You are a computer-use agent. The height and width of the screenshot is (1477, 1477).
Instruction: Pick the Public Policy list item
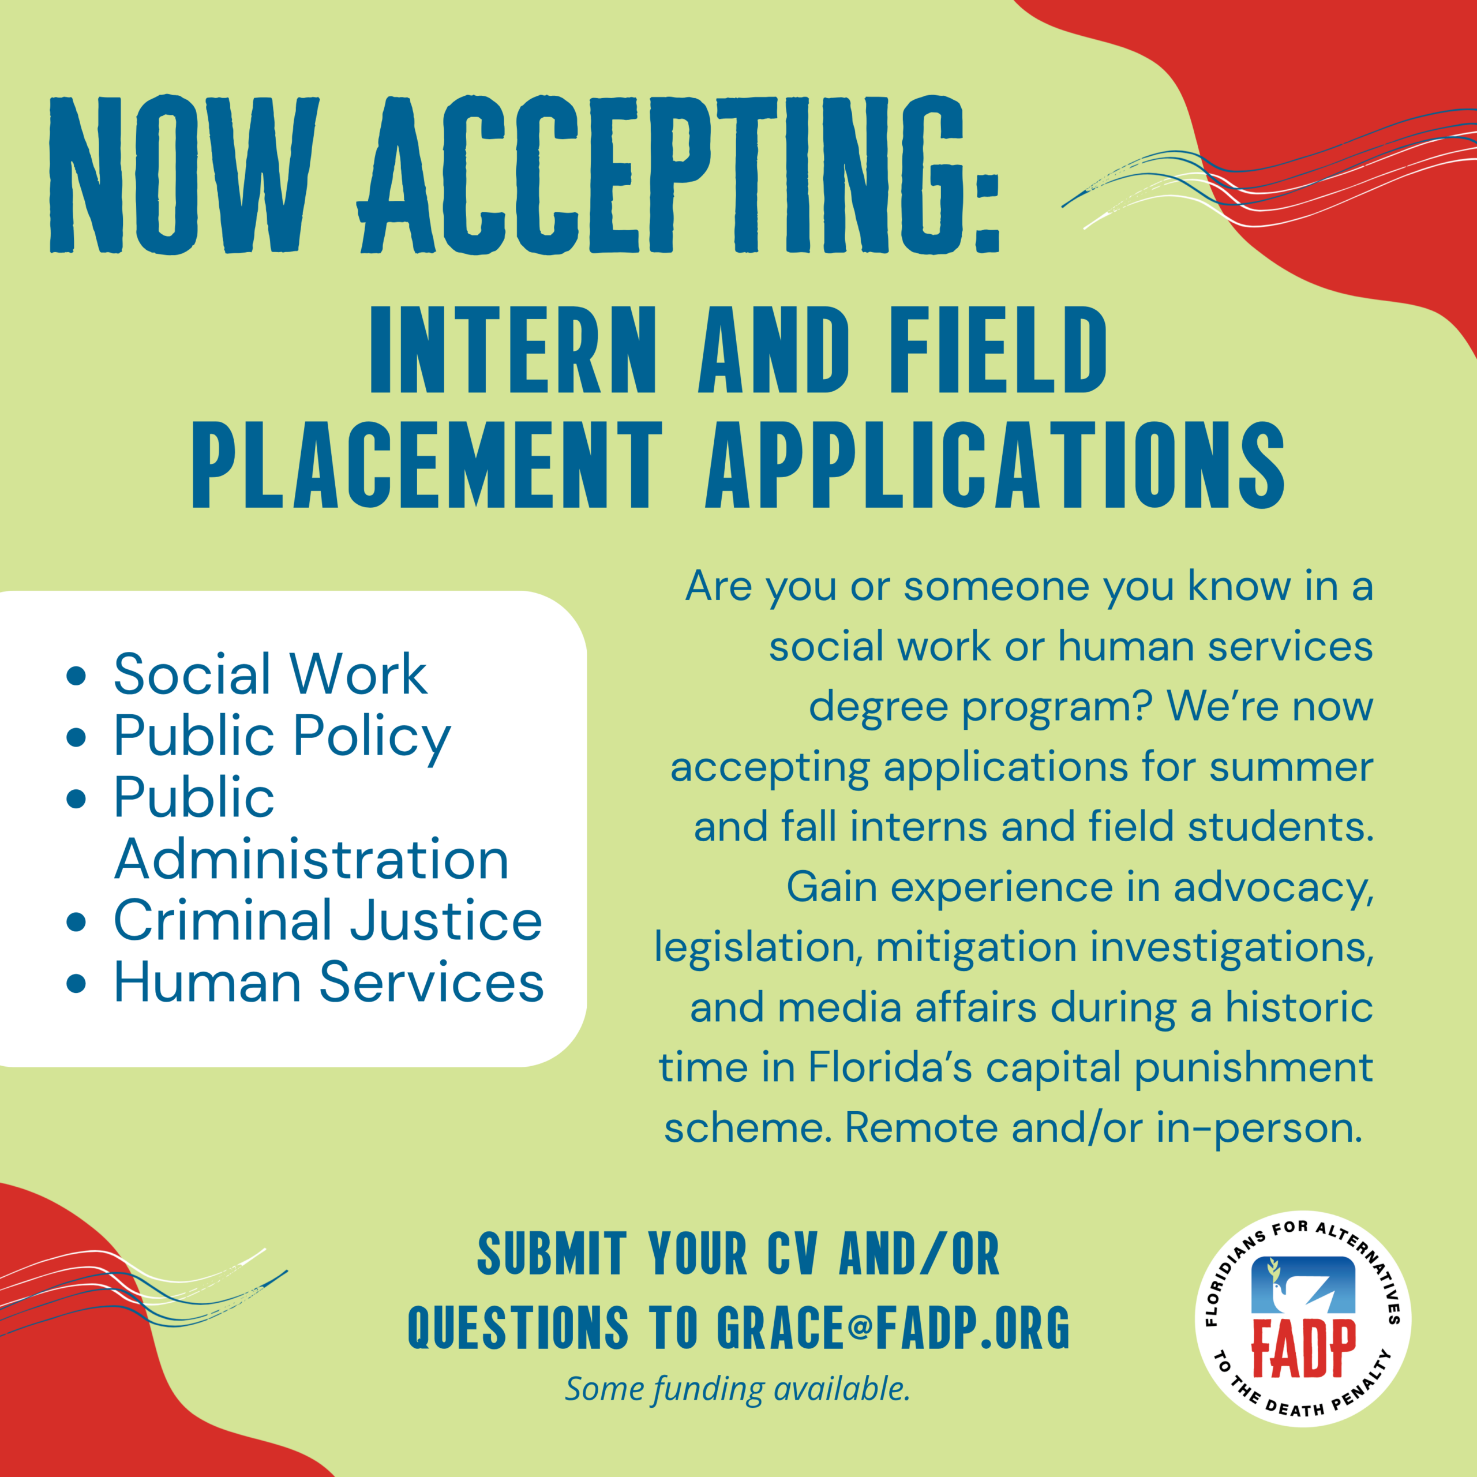pos(282,736)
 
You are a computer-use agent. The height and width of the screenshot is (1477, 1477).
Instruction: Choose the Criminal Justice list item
pos(327,920)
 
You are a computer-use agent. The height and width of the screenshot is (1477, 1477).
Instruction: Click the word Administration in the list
pos(311,859)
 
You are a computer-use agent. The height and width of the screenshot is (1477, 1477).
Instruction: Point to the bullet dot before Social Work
pos(76,676)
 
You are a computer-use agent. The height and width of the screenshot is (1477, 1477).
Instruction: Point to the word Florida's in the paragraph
pos(890,1067)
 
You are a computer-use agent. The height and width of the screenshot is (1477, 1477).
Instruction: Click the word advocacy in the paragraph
pos(1273,887)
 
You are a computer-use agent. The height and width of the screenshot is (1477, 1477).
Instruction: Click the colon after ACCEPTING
pos(988,214)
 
